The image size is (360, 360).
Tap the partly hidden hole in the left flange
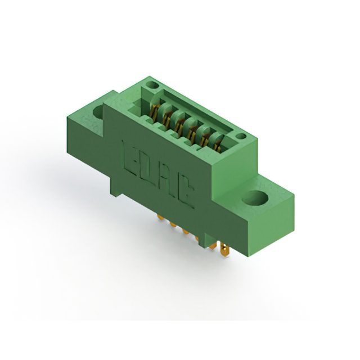[98, 112]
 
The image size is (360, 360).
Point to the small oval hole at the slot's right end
[241, 136]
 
